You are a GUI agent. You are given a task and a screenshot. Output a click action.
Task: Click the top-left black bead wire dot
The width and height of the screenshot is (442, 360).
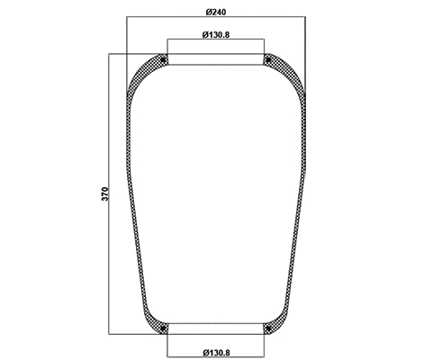pyautogui.click(x=163, y=60)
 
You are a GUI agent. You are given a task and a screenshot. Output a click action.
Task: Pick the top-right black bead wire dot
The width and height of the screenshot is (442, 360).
pyautogui.click(x=267, y=60)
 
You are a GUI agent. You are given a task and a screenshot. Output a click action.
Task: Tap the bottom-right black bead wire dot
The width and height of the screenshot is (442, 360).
pyautogui.click(x=267, y=329)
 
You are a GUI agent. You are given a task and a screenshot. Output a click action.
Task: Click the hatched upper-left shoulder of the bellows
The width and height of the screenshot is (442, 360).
pyautogui.click(x=141, y=75)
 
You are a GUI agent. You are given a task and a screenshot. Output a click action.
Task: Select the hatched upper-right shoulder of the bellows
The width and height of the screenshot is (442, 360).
pyautogui.click(x=289, y=75)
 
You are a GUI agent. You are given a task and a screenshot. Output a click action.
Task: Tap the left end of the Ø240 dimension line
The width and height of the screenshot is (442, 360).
pyautogui.click(x=128, y=17)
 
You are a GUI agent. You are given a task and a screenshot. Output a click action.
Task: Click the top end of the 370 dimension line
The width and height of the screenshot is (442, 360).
pyautogui.click(x=111, y=54)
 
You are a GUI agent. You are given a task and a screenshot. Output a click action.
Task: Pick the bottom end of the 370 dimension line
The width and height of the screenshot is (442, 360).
pyautogui.click(x=111, y=336)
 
